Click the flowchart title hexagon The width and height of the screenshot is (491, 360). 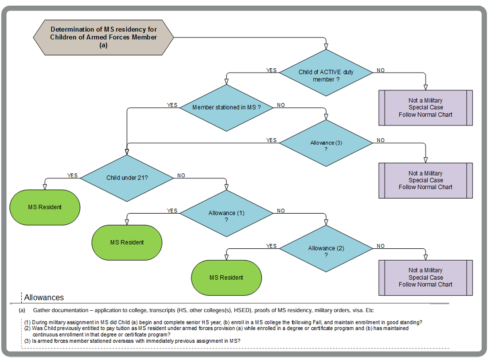[x=103, y=37]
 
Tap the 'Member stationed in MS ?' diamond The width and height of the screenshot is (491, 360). [x=226, y=108]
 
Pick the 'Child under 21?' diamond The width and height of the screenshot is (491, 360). [x=127, y=178]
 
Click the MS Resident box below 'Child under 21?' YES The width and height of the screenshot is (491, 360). [x=45, y=207]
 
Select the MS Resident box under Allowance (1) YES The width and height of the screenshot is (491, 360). [x=127, y=243]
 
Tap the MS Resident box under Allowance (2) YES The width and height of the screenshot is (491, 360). [x=226, y=278]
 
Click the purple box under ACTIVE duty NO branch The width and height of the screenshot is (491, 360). [x=425, y=108]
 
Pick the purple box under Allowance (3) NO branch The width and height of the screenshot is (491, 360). [x=425, y=180]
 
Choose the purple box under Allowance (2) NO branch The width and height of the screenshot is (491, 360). [x=425, y=277]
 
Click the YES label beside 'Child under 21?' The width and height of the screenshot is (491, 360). [x=72, y=176]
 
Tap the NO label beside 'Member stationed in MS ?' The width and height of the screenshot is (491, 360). [x=281, y=105]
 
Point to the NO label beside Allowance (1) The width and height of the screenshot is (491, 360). [x=281, y=211]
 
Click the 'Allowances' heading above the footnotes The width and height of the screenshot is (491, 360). [x=44, y=297]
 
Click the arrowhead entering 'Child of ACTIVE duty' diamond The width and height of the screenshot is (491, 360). [x=326, y=46]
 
